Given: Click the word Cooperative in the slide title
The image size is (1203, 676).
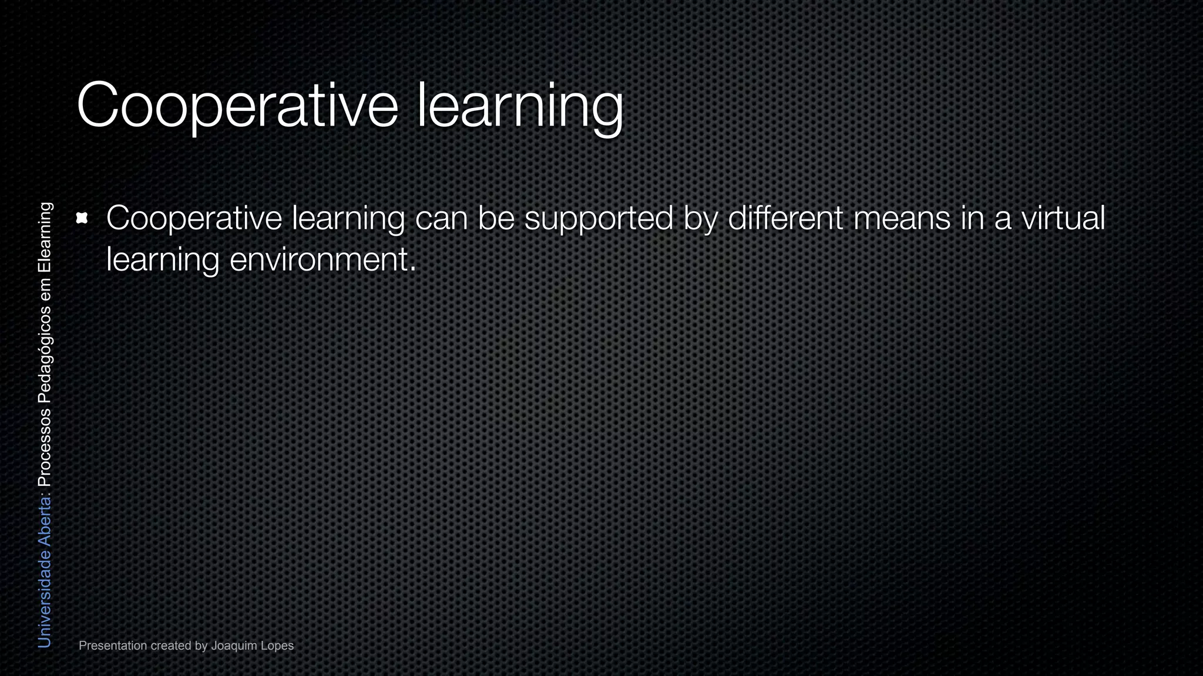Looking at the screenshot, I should click(237, 106).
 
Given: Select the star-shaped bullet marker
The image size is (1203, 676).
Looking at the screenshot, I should click(82, 219).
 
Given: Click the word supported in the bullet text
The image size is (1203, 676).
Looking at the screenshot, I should click(599, 219).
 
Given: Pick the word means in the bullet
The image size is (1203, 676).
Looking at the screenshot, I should click(902, 218).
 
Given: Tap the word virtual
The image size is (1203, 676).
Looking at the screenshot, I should click(1063, 218).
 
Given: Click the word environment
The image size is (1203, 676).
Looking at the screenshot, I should click(322, 259).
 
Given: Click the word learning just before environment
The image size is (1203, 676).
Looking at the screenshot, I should click(163, 260).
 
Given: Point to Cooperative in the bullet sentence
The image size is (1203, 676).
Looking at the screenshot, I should click(194, 219).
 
